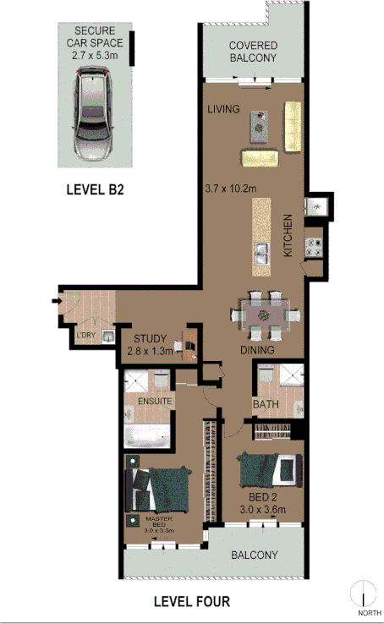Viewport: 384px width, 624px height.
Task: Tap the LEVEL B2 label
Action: [96, 190]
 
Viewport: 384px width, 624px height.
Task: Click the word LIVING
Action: [224, 109]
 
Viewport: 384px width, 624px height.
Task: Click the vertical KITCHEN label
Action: [288, 236]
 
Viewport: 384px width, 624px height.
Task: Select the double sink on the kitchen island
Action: [262, 250]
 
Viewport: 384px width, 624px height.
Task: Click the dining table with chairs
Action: [266, 315]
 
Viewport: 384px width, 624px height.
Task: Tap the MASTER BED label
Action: [159, 524]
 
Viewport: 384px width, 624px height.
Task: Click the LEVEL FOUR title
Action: [191, 602]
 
